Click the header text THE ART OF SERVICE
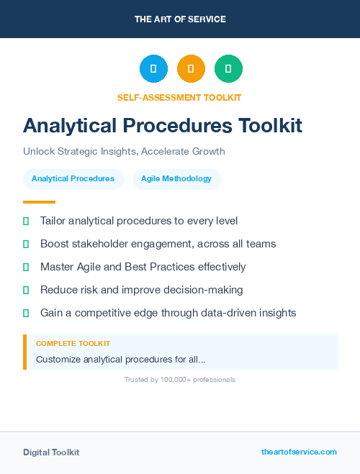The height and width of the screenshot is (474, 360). [x=180, y=19]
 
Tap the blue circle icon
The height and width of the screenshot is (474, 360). [x=153, y=69]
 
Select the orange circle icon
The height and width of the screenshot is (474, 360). [x=191, y=69]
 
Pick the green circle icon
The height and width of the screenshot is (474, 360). [x=228, y=69]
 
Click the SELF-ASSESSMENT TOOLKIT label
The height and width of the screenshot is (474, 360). [x=180, y=97]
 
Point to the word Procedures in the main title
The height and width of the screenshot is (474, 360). [x=176, y=125]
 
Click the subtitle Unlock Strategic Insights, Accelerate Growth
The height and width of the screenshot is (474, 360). [x=124, y=152]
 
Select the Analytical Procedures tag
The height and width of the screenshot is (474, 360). [x=73, y=179]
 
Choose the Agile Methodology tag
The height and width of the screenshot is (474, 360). [x=176, y=179]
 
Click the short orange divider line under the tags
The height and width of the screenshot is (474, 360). [x=39, y=202]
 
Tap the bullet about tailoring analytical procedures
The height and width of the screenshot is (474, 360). [x=139, y=221]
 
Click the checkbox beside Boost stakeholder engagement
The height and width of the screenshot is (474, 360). [x=26, y=245]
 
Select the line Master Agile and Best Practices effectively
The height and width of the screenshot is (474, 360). [x=143, y=267]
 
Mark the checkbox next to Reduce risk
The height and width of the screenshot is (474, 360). [x=26, y=291]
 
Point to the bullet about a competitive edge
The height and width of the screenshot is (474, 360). [x=168, y=313]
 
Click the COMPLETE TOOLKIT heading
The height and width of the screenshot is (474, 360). [x=73, y=344]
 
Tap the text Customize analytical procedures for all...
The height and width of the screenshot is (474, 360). [x=120, y=359]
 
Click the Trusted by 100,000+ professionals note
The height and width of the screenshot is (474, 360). [x=180, y=379]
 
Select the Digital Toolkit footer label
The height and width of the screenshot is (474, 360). [x=51, y=452]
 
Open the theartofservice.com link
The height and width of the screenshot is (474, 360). [x=299, y=452]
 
